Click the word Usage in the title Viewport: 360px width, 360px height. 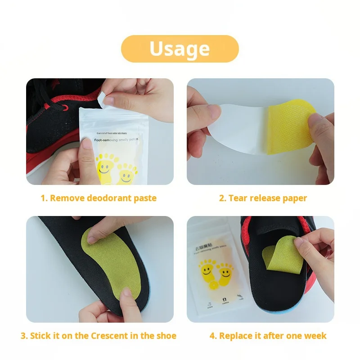coord(180,49)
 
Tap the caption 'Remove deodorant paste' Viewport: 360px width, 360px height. coord(103,198)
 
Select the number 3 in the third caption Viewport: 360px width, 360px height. coord(23,336)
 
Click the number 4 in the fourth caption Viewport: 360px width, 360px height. coord(212,336)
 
